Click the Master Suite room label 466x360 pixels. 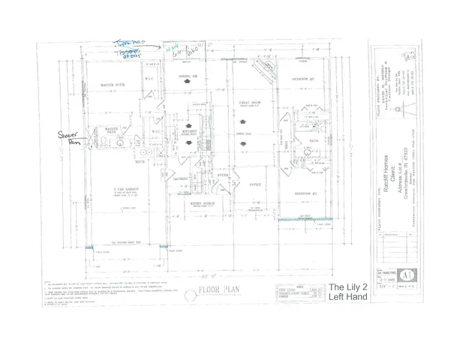[x=113, y=85]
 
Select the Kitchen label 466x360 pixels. [x=189, y=130]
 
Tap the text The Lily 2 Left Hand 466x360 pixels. [x=348, y=292]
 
